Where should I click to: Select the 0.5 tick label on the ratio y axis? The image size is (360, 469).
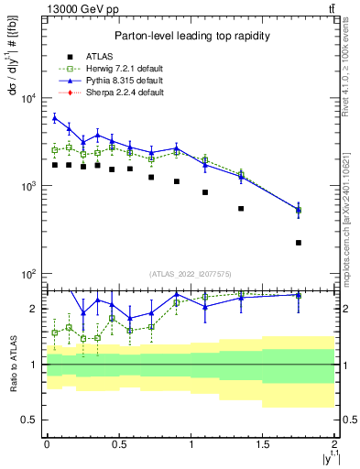(x=30, y=420)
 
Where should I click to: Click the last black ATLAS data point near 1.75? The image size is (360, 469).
(x=299, y=243)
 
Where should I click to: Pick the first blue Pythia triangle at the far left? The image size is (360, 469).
(x=55, y=117)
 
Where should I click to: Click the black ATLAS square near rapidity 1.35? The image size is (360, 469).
(x=241, y=209)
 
